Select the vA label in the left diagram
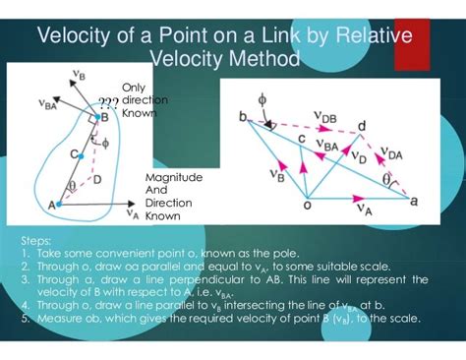pyautogui.click(x=133, y=210)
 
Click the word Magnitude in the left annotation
pyautogui.click(x=174, y=176)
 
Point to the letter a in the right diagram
pyautogui.click(x=414, y=200)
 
